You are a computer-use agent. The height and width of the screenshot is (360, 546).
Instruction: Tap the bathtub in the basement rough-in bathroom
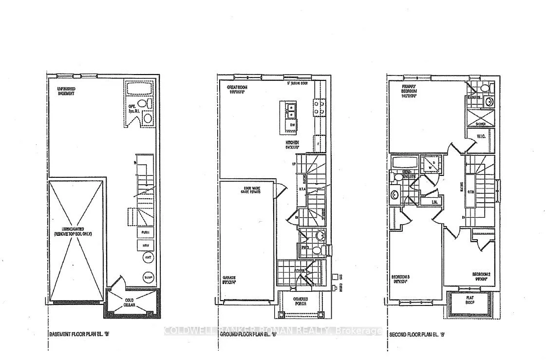139,90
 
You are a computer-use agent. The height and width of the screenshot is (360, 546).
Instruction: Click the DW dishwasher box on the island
291,125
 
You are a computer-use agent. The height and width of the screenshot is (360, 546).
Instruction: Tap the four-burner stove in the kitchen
320,107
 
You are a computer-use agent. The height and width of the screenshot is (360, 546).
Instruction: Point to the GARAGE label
230,281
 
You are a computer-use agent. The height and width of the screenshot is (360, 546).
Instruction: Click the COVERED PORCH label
298,303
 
